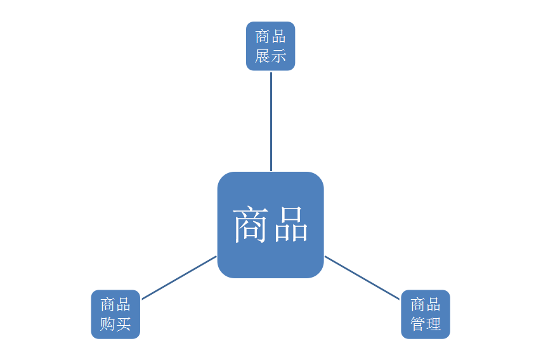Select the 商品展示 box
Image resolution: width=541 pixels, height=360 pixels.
tap(271, 46)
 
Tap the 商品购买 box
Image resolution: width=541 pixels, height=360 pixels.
tap(115, 314)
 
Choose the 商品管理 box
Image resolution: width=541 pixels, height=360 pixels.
tap(426, 314)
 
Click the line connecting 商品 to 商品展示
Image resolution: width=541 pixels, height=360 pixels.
tap(271, 120)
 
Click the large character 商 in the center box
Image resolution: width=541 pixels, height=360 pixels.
tap(252, 226)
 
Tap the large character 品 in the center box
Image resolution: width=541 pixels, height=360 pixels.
tap(290, 226)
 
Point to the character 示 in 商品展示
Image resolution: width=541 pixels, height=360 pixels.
tap(279, 56)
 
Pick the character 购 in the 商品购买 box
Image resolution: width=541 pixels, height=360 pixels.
tap(107, 325)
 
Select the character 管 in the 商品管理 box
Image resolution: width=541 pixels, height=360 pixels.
tap(417, 325)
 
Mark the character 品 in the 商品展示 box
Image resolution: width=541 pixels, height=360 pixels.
tap(279, 37)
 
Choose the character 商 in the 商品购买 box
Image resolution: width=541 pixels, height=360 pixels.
tap(107, 305)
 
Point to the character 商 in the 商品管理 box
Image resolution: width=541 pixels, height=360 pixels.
tap(417, 305)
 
